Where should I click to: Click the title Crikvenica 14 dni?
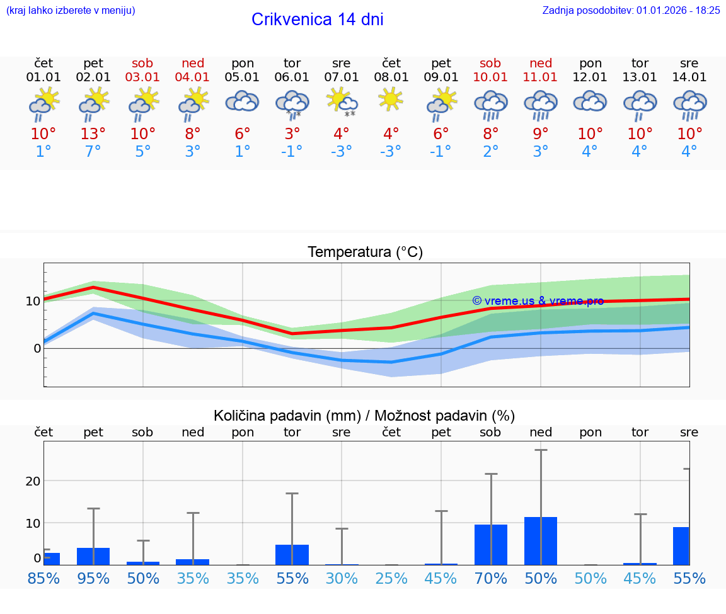(317, 20)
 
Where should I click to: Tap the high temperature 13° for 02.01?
(93, 134)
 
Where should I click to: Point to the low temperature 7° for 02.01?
(93, 152)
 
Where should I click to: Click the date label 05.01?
(243, 77)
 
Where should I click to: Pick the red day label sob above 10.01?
(490, 63)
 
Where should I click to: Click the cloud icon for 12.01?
(590, 101)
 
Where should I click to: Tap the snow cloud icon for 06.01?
(292, 104)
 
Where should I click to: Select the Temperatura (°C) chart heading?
(365, 253)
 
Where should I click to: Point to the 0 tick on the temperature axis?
(37, 348)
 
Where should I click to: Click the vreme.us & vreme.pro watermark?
(538, 301)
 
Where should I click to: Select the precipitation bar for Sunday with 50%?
(541, 541)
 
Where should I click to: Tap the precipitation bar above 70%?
(491, 545)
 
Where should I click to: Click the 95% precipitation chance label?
(93, 579)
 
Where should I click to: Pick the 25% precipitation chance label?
(391, 579)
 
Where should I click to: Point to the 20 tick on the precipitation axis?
(33, 480)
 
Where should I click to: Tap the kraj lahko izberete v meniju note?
(71, 10)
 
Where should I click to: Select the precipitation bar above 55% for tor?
(292, 555)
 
